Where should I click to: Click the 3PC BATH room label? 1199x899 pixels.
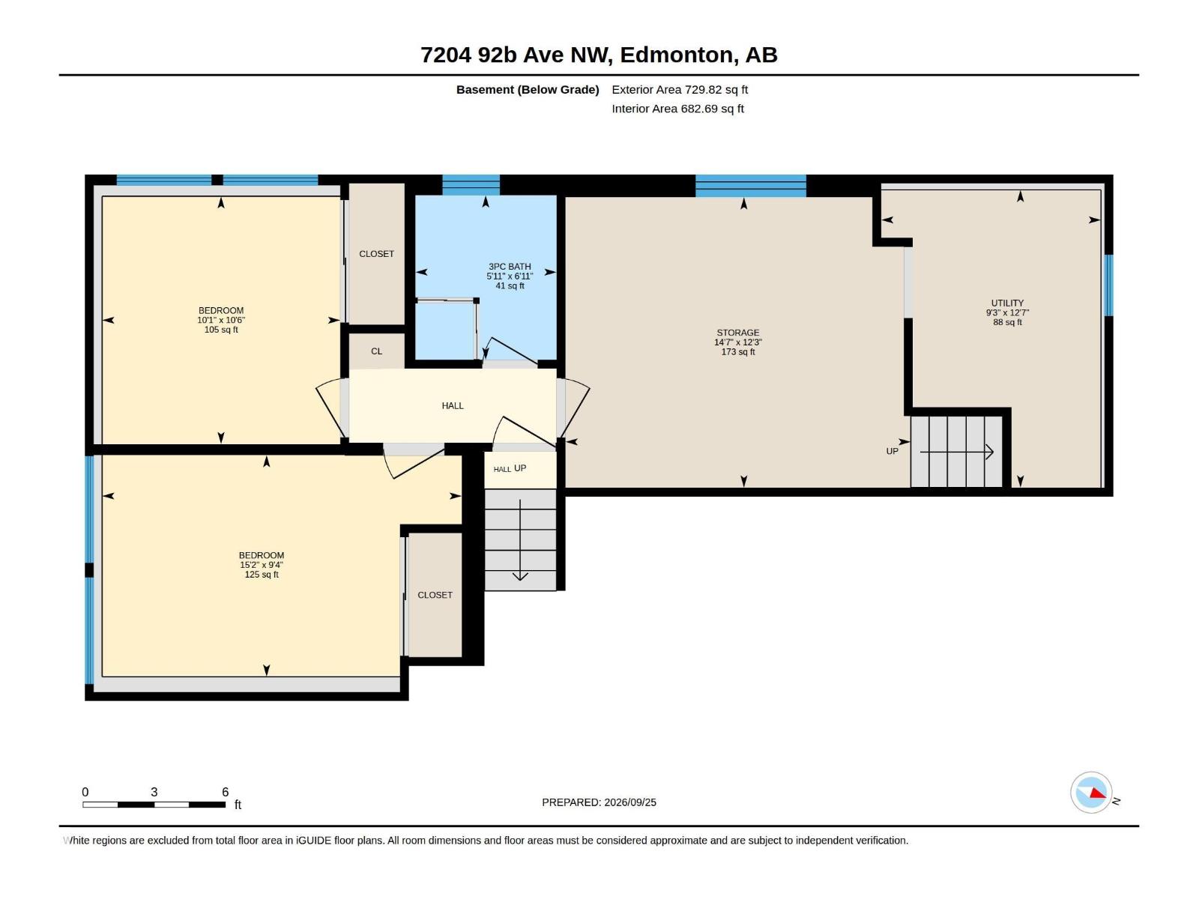pyautogui.click(x=510, y=267)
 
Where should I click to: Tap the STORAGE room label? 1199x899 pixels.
pyautogui.click(x=738, y=333)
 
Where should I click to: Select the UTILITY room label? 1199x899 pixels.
pyautogui.click(x=1007, y=303)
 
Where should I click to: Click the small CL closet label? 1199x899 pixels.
pyautogui.click(x=376, y=351)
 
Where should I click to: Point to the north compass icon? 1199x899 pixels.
pyautogui.click(x=1091, y=793)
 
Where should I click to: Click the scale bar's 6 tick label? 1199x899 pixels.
pyautogui.click(x=225, y=792)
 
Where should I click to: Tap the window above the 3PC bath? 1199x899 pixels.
pyautogui.click(x=471, y=185)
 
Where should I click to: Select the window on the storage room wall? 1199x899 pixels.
pyautogui.click(x=751, y=186)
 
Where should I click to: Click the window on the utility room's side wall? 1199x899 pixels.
pyautogui.click(x=1109, y=285)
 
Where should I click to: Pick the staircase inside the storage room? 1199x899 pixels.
pyautogui.click(x=956, y=452)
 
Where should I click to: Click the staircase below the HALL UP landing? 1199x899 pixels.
pyautogui.click(x=520, y=540)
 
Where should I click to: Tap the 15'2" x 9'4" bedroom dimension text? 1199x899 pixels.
pyautogui.click(x=261, y=565)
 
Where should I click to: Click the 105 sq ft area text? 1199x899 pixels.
pyautogui.click(x=220, y=330)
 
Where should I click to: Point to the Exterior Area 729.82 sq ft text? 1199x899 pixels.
pyautogui.click(x=680, y=89)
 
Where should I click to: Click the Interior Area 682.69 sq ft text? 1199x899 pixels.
pyautogui.click(x=677, y=109)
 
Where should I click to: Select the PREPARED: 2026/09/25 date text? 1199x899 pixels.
pyautogui.click(x=599, y=802)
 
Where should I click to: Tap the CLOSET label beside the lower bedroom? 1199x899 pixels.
pyautogui.click(x=435, y=595)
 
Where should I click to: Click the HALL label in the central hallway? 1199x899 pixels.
pyautogui.click(x=453, y=405)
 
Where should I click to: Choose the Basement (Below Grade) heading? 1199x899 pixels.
pyautogui.click(x=528, y=89)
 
